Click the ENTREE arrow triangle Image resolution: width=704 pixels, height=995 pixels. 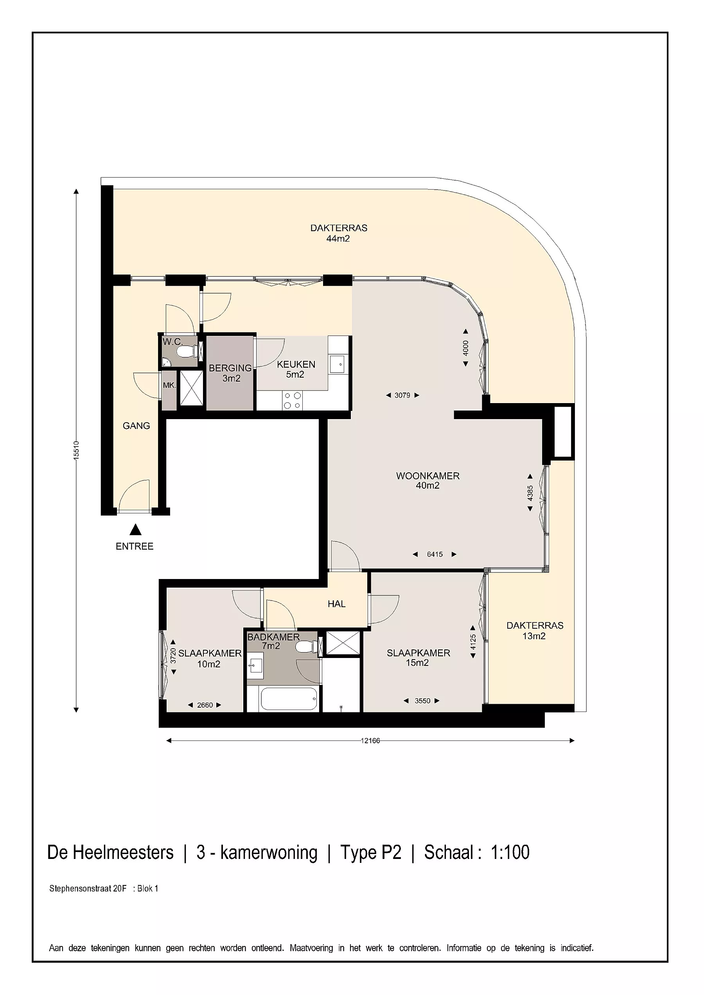click(x=136, y=530)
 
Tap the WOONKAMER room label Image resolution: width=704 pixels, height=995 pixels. click(x=427, y=476)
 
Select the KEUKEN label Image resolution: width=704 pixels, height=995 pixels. click(x=296, y=364)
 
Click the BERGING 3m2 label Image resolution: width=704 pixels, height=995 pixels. click(x=230, y=373)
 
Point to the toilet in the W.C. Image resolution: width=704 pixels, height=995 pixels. click(x=188, y=351)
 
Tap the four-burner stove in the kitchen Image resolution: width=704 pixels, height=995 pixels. click(x=292, y=400)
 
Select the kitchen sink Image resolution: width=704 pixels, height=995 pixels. click(x=337, y=364)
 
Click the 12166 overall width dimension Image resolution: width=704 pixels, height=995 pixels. click(x=370, y=740)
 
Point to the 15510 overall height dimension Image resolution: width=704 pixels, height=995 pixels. click(x=76, y=450)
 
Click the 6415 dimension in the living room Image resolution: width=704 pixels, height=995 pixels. click(x=435, y=554)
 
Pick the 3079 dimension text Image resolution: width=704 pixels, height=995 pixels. click(x=402, y=395)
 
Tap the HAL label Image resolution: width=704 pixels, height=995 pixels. click(x=336, y=604)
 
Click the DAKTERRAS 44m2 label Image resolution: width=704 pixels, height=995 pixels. click(x=339, y=233)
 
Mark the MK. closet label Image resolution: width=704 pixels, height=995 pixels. click(x=169, y=385)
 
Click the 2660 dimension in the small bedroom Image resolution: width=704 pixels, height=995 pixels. click(x=205, y=705)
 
